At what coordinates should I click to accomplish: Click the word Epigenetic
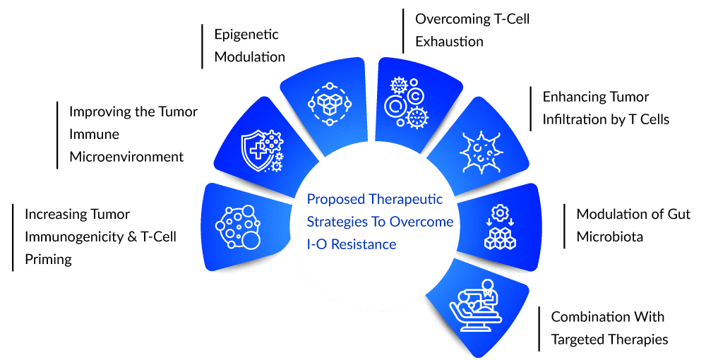[246, 35]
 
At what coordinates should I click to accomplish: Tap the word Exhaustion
[449, 42]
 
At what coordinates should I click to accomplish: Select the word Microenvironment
[126, 157]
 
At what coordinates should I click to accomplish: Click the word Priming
[48, 260]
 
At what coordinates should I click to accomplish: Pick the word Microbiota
[610, 236]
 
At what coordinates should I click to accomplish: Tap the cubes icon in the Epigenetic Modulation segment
[329, 104]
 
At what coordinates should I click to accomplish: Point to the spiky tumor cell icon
[481, 152]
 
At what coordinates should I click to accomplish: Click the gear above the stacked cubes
[500, 212]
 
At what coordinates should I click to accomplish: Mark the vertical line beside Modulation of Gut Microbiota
[564, 226]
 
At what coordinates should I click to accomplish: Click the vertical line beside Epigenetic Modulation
[202, 47]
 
